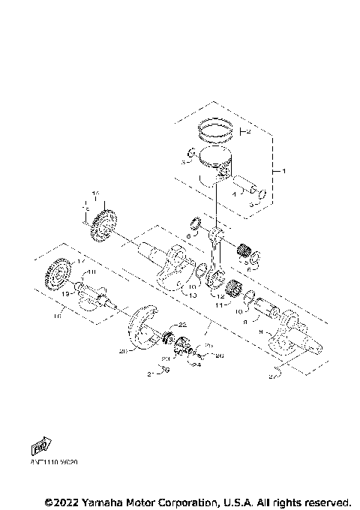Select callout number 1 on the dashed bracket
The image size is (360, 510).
click(284, 171)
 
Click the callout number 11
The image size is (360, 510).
click(220, 306)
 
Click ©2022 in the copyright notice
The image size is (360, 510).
click(63, 500)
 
